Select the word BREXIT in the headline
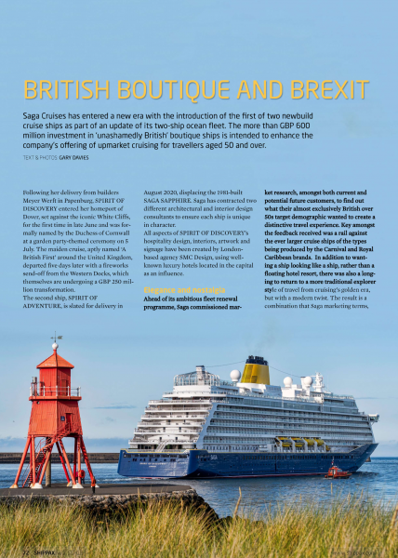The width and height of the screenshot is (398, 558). coord(329,90)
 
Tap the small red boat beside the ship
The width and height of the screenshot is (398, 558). coord(338,471)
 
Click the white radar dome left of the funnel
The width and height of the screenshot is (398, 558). coord(235,376)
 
